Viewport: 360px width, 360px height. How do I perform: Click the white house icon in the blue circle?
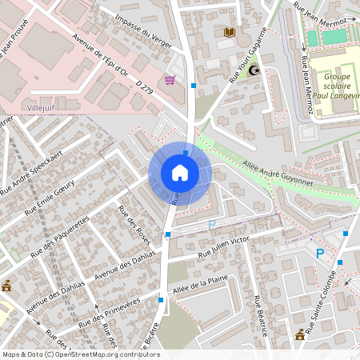(180, 173)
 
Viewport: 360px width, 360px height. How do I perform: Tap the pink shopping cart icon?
(170, 79)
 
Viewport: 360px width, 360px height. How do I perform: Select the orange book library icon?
(230, 32)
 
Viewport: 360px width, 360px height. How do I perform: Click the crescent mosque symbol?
(255, 71)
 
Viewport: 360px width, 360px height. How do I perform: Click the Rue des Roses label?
(134, 225)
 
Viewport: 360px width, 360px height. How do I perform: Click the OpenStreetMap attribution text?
(80, 354)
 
